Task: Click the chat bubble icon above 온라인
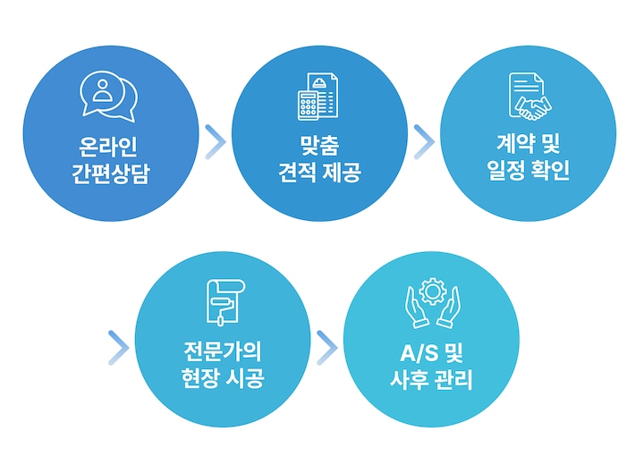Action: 109,95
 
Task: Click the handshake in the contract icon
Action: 532,108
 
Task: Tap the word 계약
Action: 513,143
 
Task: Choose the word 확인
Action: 551,171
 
